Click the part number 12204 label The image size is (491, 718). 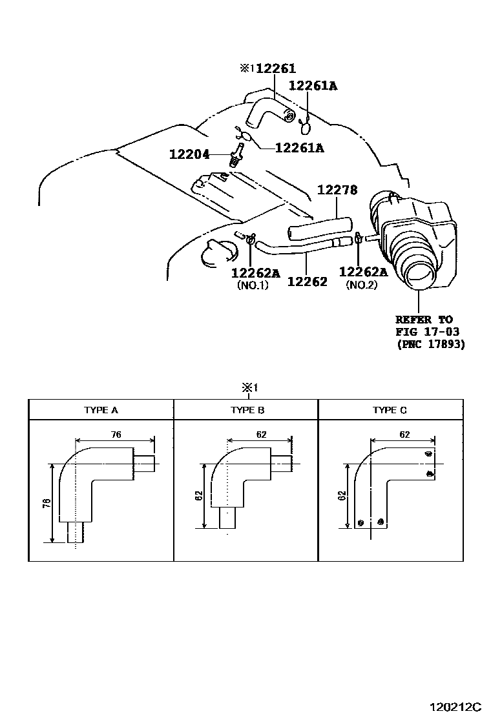[189, 155]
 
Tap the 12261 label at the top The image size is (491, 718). [277, 69]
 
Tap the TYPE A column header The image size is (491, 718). [101, 410]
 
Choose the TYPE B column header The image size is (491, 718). [247, 410]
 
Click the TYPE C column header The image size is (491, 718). [390, 410]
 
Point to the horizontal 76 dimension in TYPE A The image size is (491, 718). [116, 435]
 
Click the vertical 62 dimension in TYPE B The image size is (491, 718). [199, 496]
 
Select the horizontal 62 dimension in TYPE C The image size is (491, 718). [404, 435]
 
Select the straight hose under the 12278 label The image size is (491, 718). [319, 228]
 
